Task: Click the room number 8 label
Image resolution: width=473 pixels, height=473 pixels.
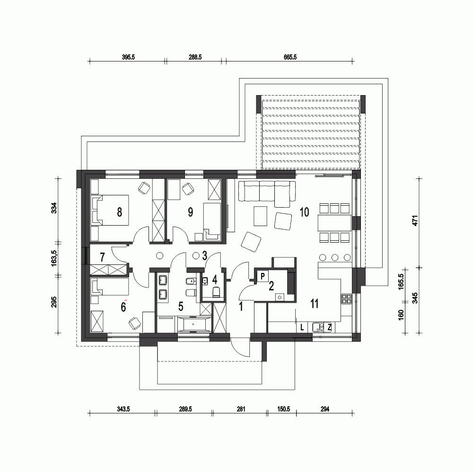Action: point(119,212)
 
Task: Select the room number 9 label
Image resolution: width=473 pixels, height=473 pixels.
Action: point(190,212)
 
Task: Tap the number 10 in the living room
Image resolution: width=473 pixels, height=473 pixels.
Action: point(304,212)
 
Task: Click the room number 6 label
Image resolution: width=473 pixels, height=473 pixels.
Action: point(123,307)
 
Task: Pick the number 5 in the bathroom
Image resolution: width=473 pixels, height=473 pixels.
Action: point(180,307)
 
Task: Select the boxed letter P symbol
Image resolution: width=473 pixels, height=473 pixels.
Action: point(263,275)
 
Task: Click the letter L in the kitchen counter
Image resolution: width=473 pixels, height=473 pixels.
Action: point(302,327)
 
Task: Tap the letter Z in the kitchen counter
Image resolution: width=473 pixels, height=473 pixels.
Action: point(329,327)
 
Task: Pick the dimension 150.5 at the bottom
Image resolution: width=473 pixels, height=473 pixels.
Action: point(283,409)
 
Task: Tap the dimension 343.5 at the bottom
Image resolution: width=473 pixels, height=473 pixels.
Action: point(123,409)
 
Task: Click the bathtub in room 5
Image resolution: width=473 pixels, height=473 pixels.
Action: point(194,325)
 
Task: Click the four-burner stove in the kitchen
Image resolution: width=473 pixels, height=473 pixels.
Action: point(346,299)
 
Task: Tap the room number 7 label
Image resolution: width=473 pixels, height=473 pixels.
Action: point(102,257)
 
